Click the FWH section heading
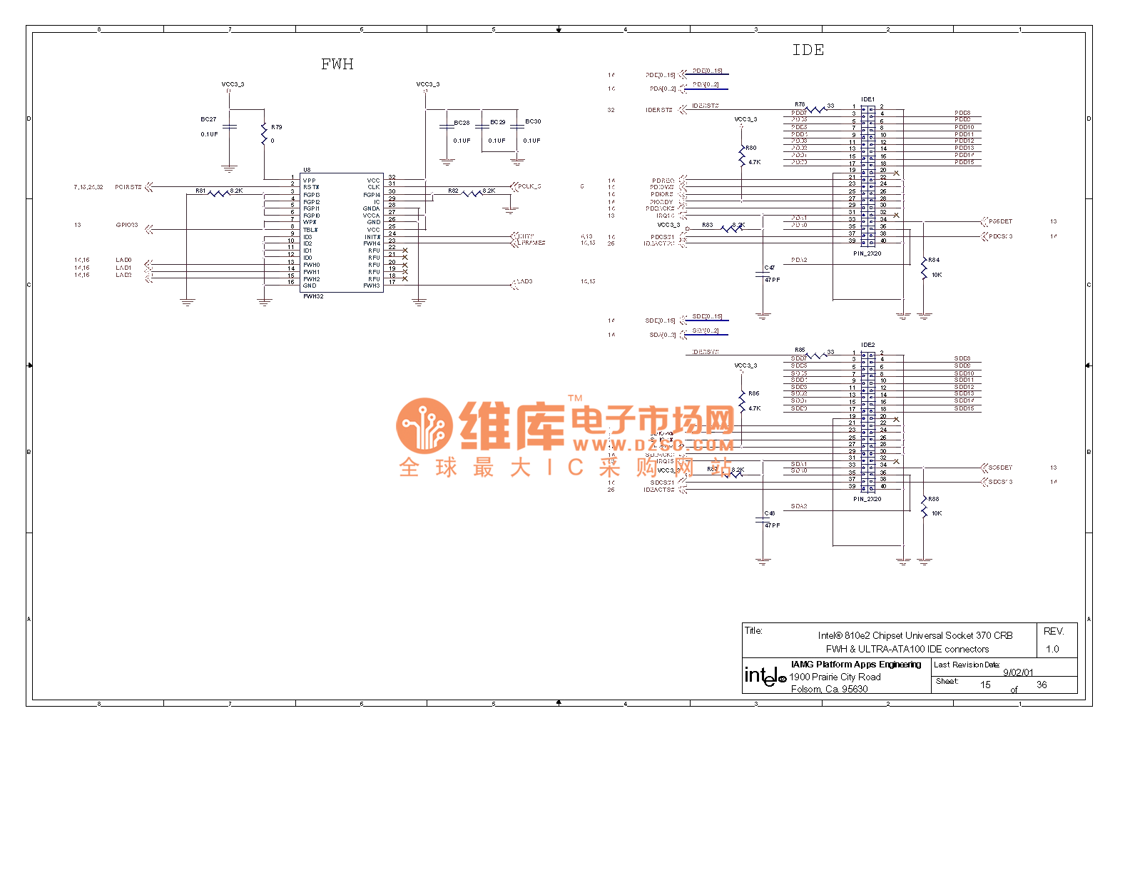(337, 64)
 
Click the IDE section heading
(808, 50)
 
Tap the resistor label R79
(276, 127)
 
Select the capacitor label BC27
(208, 119)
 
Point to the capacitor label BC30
(533, 121)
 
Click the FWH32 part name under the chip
(313, 296)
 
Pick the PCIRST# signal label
(128, 187)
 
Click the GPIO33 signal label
(127, 225)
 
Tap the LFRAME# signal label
(531, 243)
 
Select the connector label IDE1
(867, 99)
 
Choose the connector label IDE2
(867, 345)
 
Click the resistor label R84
(934, 260)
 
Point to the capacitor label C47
(770, 268)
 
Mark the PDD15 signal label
(964, 162)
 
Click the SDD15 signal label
(964, 408)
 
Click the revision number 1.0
(1052, 649)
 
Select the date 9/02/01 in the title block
(1018, 672)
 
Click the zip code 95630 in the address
(855, 689)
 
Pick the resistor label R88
(934, 499)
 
